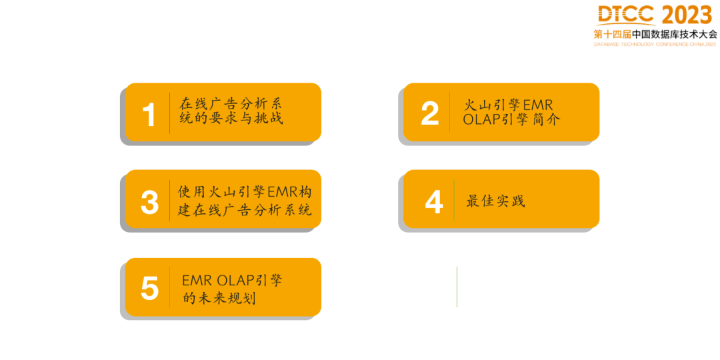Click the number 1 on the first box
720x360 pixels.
149,115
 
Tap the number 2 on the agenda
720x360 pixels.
430,113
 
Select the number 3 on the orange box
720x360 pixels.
150,202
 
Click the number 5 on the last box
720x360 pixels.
150,289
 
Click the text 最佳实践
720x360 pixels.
495,201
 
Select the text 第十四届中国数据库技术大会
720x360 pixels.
655,34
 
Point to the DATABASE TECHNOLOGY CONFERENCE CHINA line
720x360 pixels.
655,45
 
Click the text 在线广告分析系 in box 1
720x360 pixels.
231,104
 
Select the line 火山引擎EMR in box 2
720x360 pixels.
509,105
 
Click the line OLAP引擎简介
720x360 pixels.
511,121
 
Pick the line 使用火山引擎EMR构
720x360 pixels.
245,192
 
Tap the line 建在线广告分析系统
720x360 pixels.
245,210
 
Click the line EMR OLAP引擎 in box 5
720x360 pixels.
231,280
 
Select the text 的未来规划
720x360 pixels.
219,298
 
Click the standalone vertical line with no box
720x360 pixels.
457,287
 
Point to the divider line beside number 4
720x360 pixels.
454,201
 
